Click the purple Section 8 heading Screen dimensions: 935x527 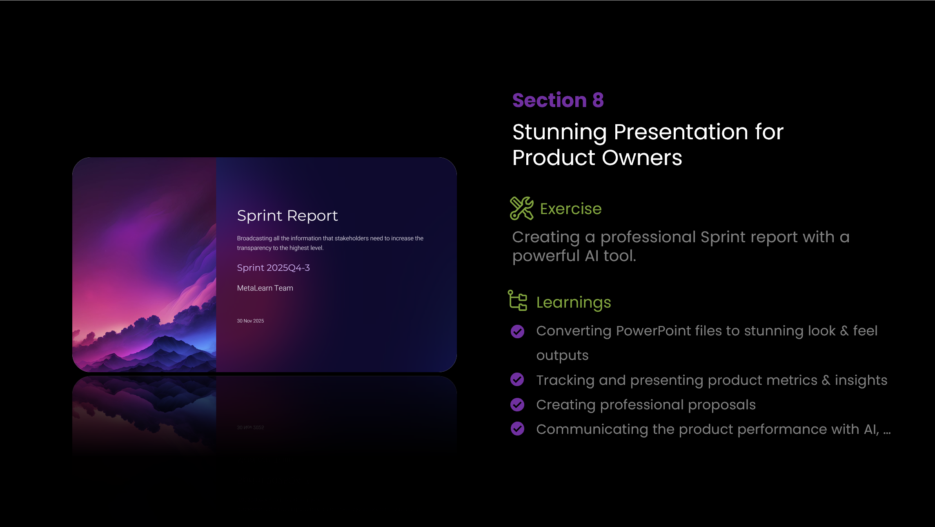(x=558, y=100)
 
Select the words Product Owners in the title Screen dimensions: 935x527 (x=597, y=158)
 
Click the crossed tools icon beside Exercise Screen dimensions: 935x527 (x=521, y=208)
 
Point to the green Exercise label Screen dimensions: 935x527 (x=571, y=209)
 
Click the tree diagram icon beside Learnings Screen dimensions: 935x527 (x=517, y=300)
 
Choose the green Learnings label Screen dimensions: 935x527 (x=574, y=303)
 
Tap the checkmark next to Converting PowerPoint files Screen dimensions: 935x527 (x=517, y=331)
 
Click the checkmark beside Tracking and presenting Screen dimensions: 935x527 (x=517, y=380)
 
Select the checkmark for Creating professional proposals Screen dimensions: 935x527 (x=517, y=404)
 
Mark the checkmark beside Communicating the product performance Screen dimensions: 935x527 (x=517, y=429)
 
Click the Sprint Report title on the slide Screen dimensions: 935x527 (x=287, y=216)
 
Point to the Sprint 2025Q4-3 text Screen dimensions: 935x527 (x=273, y=268)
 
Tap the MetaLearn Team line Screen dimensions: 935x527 (x=265, y=288)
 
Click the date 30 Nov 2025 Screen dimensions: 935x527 (x=250, y=321)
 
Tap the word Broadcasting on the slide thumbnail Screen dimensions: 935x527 (x=254, y=239)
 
